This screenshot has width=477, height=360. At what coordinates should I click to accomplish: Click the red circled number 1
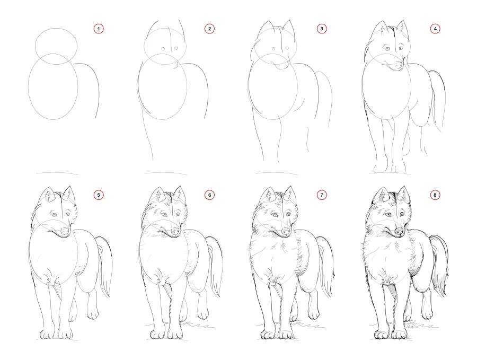[98, 29]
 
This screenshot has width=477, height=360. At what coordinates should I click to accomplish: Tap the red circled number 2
[210, 29]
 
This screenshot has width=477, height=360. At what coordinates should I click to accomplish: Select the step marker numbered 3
[322, 29]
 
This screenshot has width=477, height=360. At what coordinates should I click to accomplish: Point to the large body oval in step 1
[52, 87]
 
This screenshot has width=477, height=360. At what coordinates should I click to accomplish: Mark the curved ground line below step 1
[57, 173]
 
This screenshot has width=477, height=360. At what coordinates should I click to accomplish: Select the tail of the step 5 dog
[104, 265]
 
